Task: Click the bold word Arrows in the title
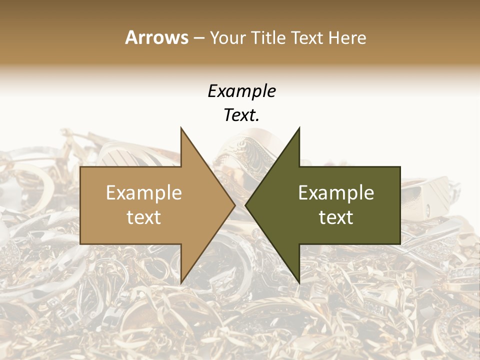click(x=156, y=37)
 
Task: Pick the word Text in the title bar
click(x=308, y=38)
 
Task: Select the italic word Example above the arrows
click(x=241, y=91)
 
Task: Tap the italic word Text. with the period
click(x=241, y=115)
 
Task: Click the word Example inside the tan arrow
click(x=143, y=193)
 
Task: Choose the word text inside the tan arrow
click(x=143, y=217)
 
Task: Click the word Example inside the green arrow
click(x=336, y=193)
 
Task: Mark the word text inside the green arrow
click(x=336, y=217)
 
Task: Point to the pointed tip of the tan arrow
click(x=234, y=205)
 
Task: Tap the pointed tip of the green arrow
click(x=246, y=205)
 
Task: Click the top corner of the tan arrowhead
click(x=181, y=128)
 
